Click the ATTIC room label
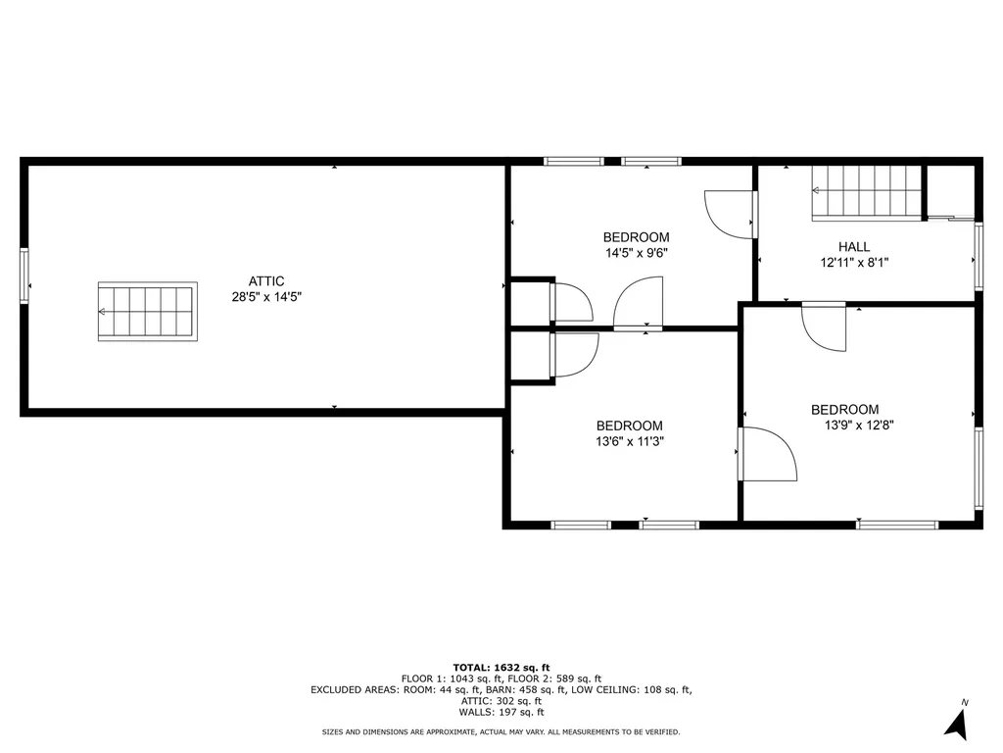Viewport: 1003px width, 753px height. point(266,281)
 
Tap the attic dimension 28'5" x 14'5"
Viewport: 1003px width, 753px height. point(266,296)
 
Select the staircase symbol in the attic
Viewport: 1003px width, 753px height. point(146,312)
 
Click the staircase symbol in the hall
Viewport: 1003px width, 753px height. point(868,192)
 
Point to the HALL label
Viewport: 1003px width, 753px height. point(854,247)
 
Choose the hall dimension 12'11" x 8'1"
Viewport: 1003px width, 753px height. point(854,263)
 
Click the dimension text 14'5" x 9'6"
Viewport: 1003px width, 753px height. point(636,253)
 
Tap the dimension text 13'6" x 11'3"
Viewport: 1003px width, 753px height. point(629,441)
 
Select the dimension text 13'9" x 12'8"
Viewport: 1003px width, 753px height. point(860,426)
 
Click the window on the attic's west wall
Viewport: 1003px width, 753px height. point(24,276)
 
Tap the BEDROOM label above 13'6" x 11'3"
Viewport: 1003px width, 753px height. point(629,426)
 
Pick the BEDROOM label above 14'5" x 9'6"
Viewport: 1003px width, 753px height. point(636,237)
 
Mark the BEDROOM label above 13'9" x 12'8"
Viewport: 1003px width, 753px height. point(844,410)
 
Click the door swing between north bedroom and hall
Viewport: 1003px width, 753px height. point(731,213)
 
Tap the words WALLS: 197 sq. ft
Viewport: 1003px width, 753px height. point(501,713)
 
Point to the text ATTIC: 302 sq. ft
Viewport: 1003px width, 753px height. point(501,701)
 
